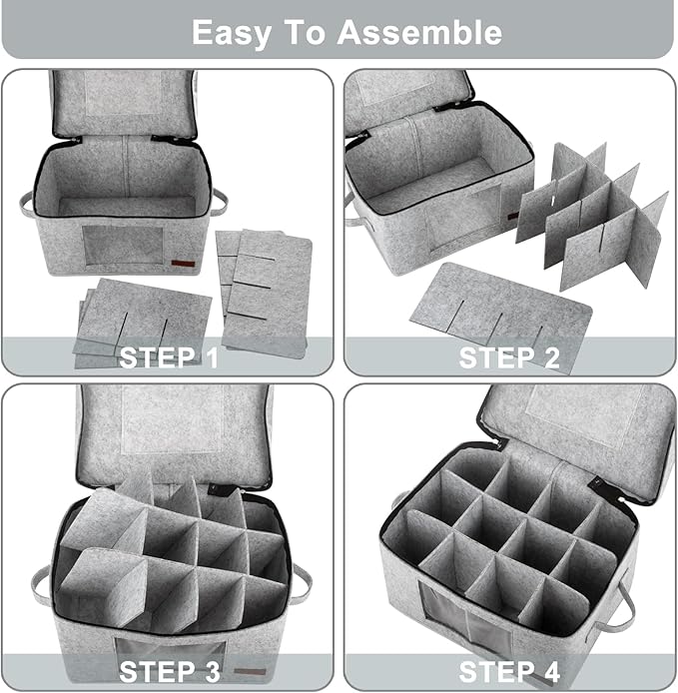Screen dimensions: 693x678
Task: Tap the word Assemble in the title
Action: click(419, 32)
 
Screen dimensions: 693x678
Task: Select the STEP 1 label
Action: click(169, 356)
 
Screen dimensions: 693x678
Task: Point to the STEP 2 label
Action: click(509, 356)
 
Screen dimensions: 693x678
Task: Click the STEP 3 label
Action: click(169, 671)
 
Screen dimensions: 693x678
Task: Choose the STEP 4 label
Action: click(509, 671)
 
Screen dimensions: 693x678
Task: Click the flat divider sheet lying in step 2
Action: click(499, 318)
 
